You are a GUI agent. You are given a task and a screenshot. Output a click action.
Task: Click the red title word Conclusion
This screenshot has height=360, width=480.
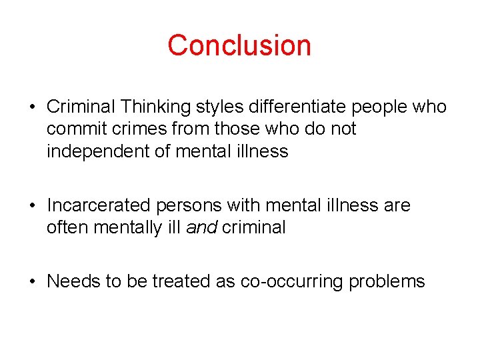[239, 45]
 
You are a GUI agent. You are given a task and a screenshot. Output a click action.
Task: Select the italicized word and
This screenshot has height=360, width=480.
[201, 227]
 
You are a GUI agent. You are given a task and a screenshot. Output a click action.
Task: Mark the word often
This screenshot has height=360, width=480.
[67, 227]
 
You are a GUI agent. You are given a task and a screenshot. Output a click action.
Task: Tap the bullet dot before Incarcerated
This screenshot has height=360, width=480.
[33, 206]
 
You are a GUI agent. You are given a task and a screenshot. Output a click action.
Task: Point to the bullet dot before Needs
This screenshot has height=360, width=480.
[33, 282]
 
